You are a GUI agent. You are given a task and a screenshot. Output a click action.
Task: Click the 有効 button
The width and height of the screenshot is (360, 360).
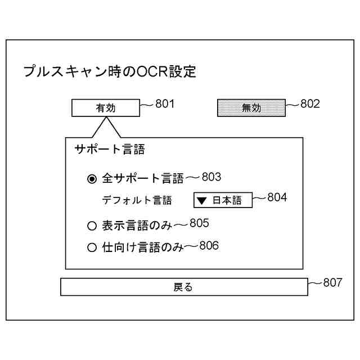(x=106, y=108)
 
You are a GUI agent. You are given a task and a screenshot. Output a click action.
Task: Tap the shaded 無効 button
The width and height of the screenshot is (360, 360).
(x=251, y=108)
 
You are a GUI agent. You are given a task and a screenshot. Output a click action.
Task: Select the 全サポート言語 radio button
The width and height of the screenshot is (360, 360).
(x=92, y=179)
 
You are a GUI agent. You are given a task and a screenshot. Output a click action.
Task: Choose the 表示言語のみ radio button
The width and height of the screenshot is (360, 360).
(x=92, y=226)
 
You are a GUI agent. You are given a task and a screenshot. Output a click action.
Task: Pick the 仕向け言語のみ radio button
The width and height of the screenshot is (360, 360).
(x=92, y=247)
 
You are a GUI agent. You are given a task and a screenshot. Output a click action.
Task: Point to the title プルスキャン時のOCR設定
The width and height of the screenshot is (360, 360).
(x=110, y=71)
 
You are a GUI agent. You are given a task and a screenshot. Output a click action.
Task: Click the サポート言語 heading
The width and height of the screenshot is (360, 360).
(x=110, y=149)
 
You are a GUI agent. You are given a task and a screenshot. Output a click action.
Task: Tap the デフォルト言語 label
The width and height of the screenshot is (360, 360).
(x=137, y=200)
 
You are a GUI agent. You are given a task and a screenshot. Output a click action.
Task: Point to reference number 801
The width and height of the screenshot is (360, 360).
(x=165, y=103)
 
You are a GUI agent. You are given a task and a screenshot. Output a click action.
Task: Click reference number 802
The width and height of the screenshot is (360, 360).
(x=310, y=103)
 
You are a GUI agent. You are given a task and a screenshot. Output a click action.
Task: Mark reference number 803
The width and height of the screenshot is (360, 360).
(x=211, y=177)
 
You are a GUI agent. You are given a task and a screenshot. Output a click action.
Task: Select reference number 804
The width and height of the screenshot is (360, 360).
(x=277, y=197)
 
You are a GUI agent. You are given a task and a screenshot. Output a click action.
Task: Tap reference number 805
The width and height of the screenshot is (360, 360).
(x=199, y=223)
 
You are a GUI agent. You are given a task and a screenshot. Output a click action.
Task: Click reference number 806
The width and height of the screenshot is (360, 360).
(x=209, y=245)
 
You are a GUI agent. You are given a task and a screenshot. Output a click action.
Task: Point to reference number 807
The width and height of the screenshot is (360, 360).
(x=332, y=282)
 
